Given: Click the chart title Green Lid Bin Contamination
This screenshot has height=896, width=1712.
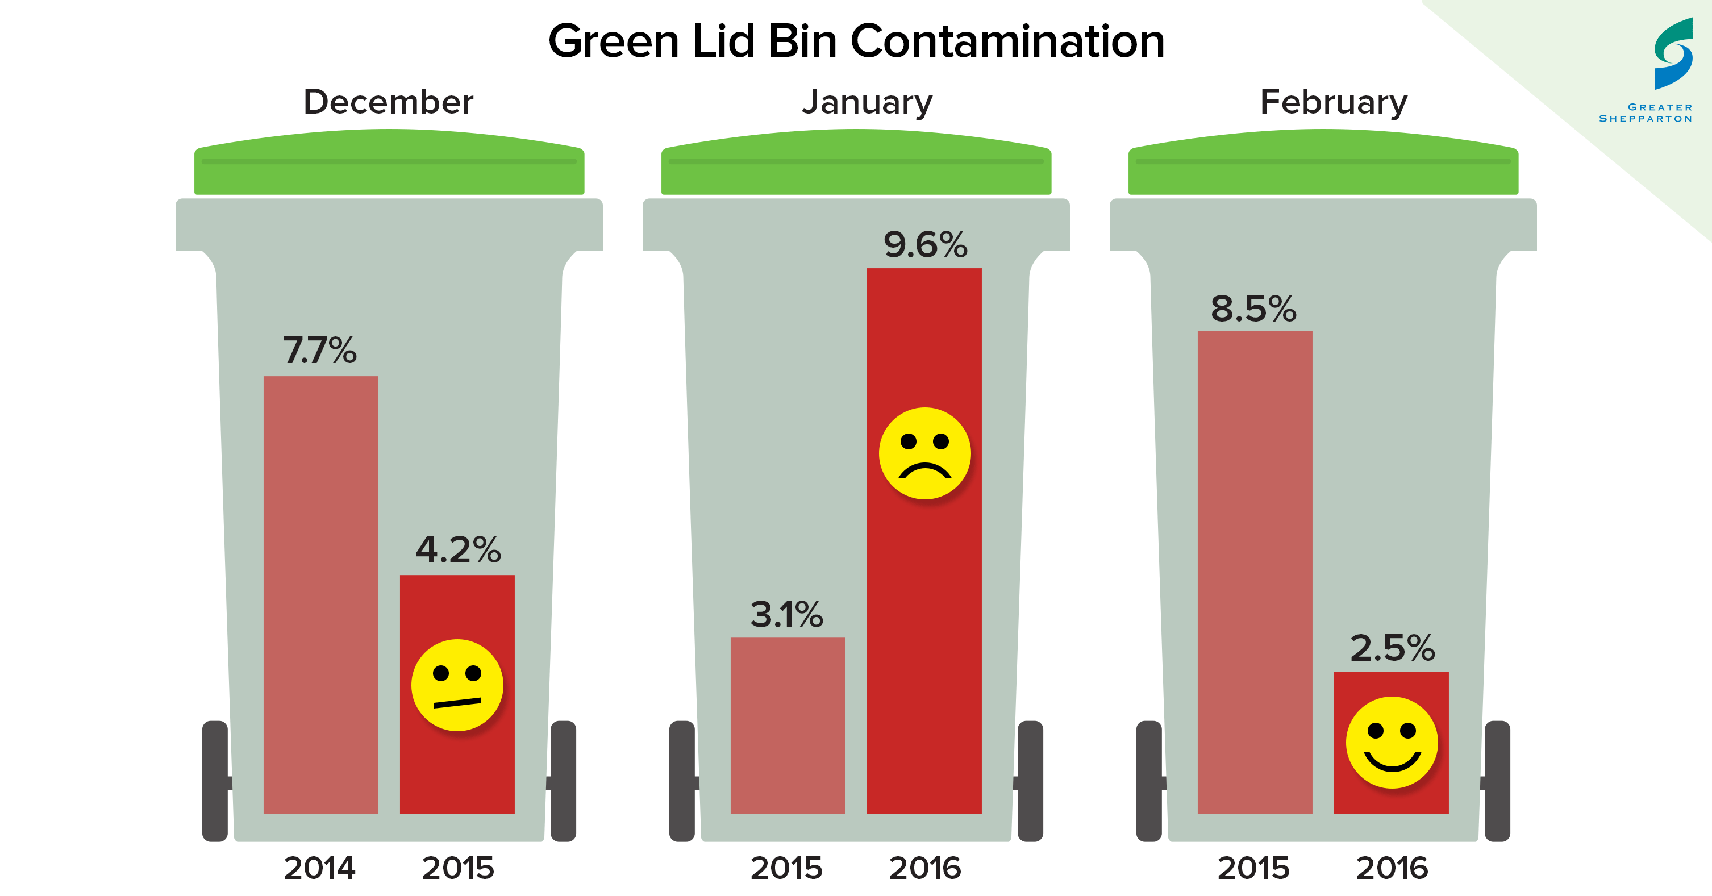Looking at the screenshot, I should (x=856, y=41).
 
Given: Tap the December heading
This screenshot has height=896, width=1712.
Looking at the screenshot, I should (x=388, y=102).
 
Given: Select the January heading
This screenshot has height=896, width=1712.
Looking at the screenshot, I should (x=867, y=102).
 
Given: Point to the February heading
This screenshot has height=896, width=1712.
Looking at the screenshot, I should (x=1333, y=102).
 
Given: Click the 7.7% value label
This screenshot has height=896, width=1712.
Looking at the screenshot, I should (x=320, y=351).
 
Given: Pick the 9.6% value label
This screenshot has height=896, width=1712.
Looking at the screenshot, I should (x=924, y=245).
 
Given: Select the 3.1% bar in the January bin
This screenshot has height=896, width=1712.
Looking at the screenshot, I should (x=788, y=724).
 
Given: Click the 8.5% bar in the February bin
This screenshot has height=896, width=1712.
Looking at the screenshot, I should (x=1255, y=572).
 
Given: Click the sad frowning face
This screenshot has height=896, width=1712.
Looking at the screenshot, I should (x=924, y=453).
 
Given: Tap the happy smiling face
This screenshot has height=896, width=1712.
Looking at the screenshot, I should (x=1392, y=742).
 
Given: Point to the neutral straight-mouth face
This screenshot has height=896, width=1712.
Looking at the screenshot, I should (x=457, y=685).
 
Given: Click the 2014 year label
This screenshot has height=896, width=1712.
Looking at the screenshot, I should (x=320, y=868).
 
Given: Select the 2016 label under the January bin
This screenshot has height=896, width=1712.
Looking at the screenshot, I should (x=925, y=868).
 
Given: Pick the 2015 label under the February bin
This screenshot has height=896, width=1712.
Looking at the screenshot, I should (x=1253, y=868).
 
